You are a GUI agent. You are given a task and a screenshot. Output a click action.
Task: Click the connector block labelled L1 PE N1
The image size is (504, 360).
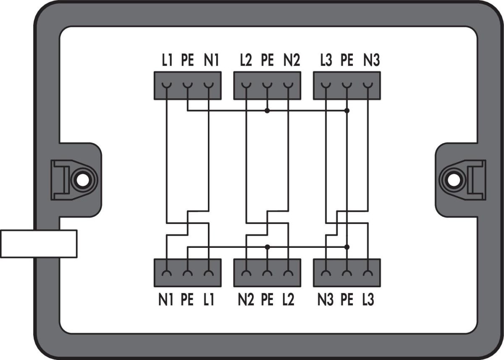(x=187, y=86)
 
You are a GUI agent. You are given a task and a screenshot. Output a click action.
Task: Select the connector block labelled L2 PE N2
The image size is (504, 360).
(x=267, y=86)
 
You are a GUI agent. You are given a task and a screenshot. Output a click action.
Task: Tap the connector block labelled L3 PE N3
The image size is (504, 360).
(x=347, y=86)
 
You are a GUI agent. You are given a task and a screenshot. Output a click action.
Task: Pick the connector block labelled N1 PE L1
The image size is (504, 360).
(x=187, y=273)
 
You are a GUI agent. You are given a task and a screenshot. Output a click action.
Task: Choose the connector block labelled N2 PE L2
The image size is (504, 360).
(x=267, y=273)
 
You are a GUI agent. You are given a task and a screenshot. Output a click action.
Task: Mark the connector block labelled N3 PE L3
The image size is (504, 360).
(x=347, y=273)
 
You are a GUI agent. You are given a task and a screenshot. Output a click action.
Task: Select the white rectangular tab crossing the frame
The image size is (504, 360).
(x=38, y=243)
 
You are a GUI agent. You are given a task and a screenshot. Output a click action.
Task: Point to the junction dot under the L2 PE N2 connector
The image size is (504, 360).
(x=267, y=111)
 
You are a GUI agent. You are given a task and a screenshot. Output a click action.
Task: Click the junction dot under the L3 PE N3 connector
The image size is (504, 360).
(x=346, y=111)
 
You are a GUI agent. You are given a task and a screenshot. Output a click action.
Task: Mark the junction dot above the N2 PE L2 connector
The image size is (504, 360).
(x=267, y=247)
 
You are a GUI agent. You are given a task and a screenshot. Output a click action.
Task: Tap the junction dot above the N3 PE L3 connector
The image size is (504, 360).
(x=346, y=247)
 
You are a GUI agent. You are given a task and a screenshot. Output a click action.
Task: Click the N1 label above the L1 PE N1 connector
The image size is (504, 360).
(x=211, y=61)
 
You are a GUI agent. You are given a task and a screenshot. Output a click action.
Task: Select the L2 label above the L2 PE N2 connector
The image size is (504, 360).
(x=246, y=61)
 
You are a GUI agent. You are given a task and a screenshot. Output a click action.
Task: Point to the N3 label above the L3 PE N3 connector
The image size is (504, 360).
(x=371, y=61)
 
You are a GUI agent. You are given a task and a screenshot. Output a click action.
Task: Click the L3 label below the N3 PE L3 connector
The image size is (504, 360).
(x=367, y=301)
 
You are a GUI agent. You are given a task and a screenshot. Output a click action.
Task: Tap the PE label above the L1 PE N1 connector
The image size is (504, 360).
(x=187, y=61)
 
